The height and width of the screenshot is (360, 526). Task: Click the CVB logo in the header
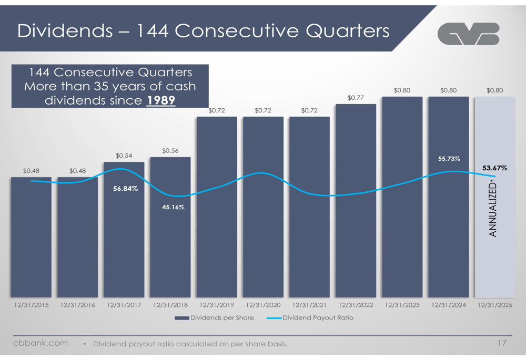[468, 34]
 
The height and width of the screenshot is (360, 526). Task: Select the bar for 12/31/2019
[217, 210]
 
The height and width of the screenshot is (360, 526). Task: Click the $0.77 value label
[356, 97]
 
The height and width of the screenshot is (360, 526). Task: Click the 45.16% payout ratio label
[172, 207]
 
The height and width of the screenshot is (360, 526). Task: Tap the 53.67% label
[494, 168]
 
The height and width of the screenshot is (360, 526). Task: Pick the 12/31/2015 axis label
[31, 305]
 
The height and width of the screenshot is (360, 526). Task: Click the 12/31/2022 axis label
[356, 305]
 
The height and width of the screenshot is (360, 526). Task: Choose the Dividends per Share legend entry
[214, 318]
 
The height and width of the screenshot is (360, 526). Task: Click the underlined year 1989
[160, 100]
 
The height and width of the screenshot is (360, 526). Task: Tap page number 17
[501, 343]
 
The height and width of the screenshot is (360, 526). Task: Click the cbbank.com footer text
[41, 343]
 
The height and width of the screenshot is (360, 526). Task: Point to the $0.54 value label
[125, 155]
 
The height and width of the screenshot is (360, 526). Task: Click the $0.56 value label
[170, 151]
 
